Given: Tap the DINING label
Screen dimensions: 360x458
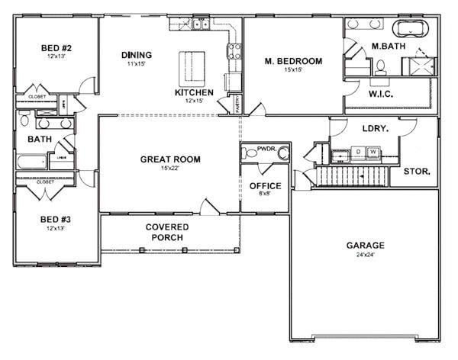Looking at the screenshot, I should pos(137,55).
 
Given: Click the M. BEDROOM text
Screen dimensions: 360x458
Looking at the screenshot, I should pos(293,61).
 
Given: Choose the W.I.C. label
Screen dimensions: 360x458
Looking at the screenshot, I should pos(381,95).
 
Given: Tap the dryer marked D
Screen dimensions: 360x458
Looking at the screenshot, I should pos(359,153).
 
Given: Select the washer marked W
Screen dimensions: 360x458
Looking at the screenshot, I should pos(373,153).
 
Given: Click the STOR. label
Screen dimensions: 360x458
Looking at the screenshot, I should pos(417,172).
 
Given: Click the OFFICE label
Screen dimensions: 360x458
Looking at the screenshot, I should pos(265,185).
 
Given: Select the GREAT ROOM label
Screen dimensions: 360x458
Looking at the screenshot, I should pos(170,159).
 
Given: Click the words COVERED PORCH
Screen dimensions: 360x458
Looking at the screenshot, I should pos(167,232).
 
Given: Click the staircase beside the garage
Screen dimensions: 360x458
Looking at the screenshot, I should pos(351,178).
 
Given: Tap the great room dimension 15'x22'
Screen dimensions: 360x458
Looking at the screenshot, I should pos(170,168).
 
